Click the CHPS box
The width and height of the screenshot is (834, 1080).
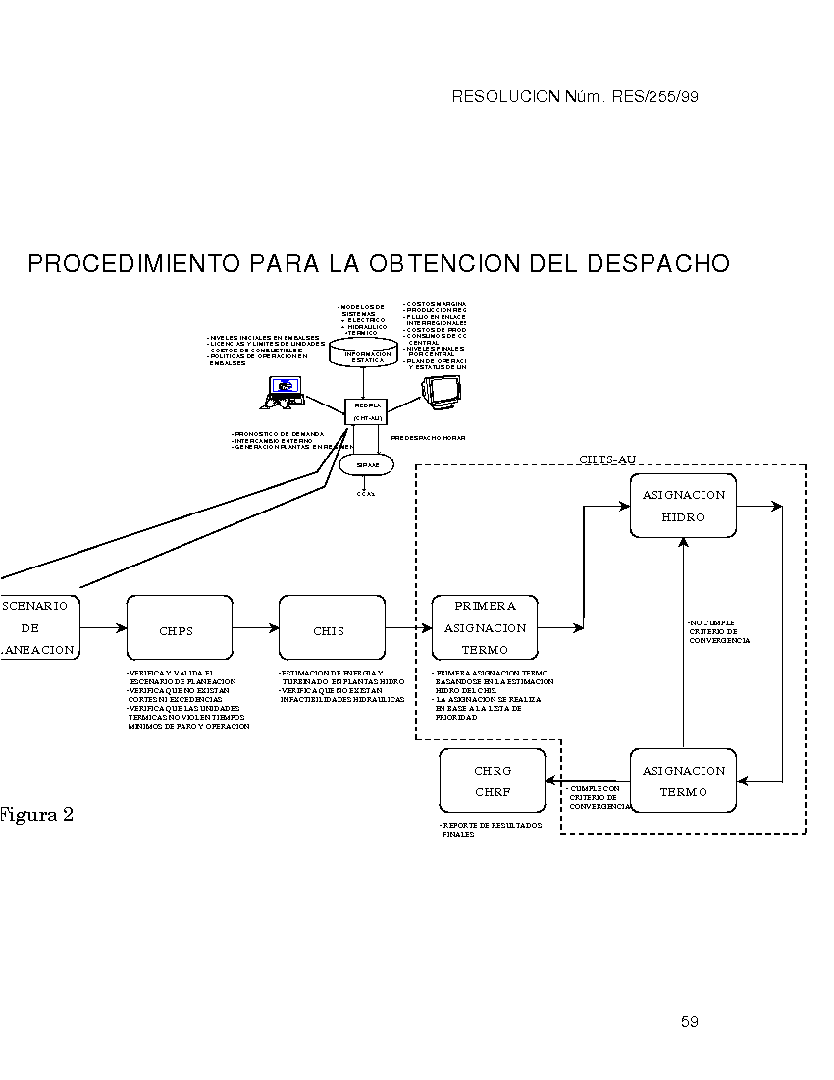[x=179, y=628]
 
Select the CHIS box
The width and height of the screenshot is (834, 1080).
[x=330, y=628]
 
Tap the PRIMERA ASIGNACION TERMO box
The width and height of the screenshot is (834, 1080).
[x=486, y=628]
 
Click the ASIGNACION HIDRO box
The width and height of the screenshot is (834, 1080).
[x=683, y=506]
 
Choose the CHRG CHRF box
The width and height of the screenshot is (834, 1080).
[x=493, y=781]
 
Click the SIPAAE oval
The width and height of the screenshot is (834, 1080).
[x=367, y=464]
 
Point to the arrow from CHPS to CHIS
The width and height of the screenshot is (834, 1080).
[x=256, y=627]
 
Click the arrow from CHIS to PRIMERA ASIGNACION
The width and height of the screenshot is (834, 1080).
[x=407, y=627]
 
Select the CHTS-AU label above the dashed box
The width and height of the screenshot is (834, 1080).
[x=607, y=459]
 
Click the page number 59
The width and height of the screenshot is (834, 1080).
[x=689, y=1022]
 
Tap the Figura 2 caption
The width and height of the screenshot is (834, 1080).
[x=36, y=815]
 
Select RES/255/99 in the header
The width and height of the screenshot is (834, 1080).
[x=654, y=96]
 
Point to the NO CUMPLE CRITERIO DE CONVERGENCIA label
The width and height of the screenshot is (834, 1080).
[x=719, y=631]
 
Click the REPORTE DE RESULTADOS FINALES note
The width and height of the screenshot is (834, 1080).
[x=491, y=830]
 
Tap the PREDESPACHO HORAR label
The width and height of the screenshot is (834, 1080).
[x=428, y=437]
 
